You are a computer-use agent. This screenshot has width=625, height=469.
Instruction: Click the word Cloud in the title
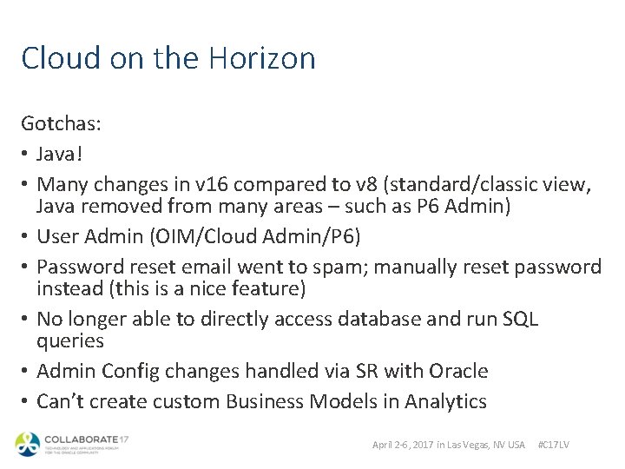click(x=57, y=58)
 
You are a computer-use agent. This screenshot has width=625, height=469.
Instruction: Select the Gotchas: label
click(x=62, y=124)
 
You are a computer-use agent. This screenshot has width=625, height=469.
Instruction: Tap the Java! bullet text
click(x=61, y=154)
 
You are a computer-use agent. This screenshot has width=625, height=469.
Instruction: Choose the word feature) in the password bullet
click(x=274, y=287)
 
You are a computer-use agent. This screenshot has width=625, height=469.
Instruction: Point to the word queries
click(x=69, y=340)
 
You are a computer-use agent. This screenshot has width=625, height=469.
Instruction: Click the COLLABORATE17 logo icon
click(x=28, y=444)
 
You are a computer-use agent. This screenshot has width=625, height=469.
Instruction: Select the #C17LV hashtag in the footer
click(x=554, y=445)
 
